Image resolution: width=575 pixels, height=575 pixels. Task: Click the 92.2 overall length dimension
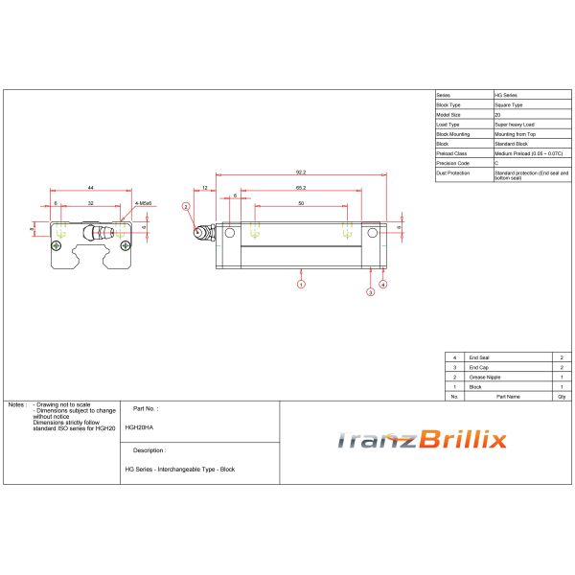click(x=301, y=172)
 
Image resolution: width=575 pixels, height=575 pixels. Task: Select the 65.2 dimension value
click(x=301, y=188)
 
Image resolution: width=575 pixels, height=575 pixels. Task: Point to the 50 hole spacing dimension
click(x=301, y=203)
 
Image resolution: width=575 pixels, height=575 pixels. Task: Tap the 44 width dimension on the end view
click(x=90, y=188)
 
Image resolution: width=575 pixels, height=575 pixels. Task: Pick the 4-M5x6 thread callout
click(x=143, y=203)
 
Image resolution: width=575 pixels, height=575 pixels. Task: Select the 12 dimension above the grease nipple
click(x=205, y=188)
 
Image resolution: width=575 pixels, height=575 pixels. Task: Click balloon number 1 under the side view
click(x=301, y=285)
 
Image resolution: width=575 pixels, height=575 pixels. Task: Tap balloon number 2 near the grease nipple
click(x=186, y=206)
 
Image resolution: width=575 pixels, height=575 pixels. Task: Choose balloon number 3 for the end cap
click(x=370, y=292)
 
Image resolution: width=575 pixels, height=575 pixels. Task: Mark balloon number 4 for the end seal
click(x=383, y=285)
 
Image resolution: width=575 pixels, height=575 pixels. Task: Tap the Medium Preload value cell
click(x=527, y=153)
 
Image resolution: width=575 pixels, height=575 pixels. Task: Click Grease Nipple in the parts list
click(x=484, y=377)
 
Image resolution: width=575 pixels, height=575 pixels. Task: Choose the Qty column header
click(x=561, y=395)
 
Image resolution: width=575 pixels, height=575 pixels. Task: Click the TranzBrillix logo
click(x=422, y=440)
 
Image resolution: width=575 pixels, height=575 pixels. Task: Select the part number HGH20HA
click(x=139, y=427)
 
